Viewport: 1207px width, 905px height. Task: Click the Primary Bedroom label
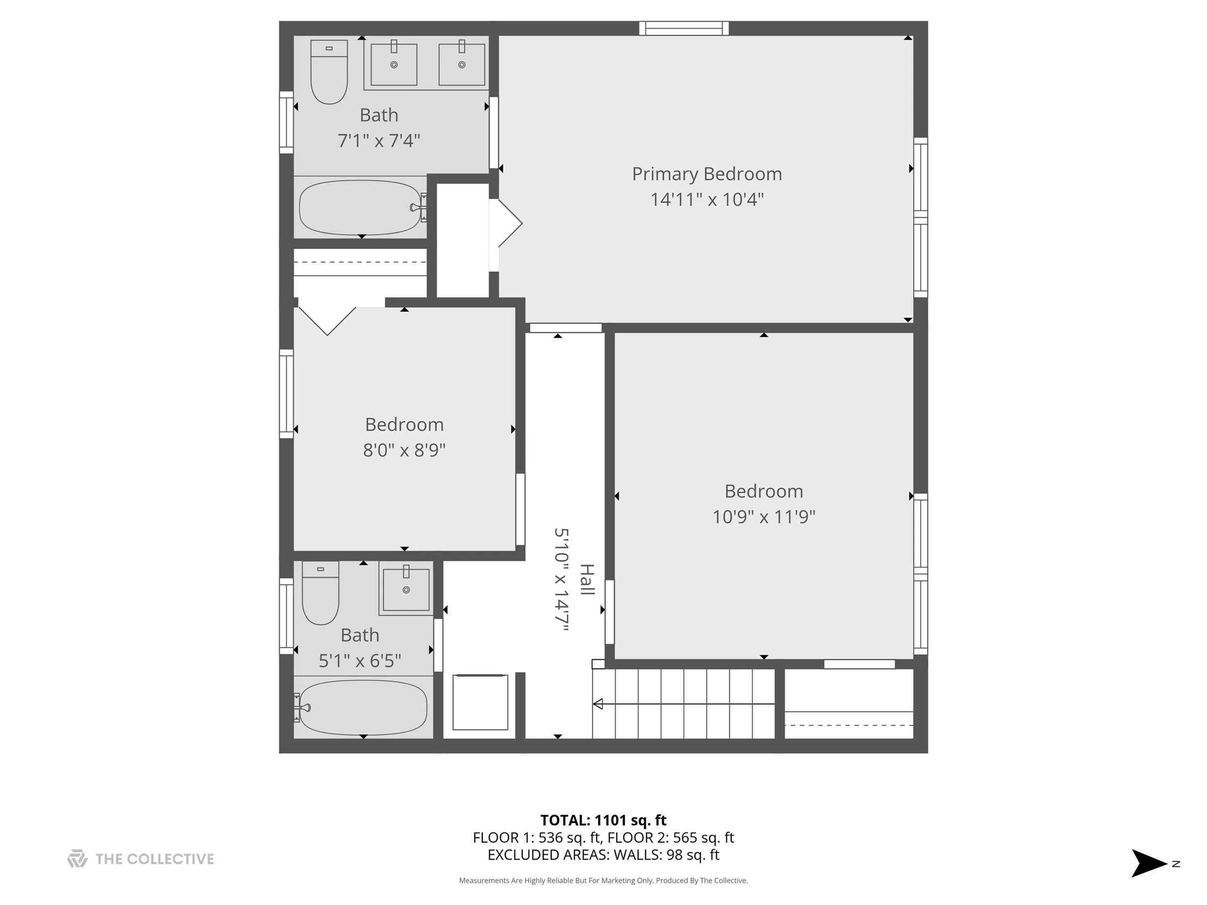(x=707, y=174)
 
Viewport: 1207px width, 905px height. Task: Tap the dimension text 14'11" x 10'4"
(x=707, y=200)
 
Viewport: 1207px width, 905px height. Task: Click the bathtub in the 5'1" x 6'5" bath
(x=363, y=707)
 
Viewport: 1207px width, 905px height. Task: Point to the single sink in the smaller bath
(x=406, y=590)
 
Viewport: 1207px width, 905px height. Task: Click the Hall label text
(x=587, y=579)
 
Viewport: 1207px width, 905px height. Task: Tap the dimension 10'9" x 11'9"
(x=763, y=516)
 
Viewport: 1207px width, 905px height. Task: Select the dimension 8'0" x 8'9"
(x=404, y=450)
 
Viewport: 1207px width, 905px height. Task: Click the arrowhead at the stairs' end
(x=598, y=704)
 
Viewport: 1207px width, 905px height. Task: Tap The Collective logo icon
(x=77, y=859)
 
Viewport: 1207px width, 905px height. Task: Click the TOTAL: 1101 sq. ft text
(x=603, y=820)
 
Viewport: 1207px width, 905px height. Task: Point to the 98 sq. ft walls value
(x=693, y=855)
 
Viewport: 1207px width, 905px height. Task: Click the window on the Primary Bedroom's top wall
(x=683, y=28)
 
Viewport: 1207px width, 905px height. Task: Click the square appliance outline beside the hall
(x=480, y=702)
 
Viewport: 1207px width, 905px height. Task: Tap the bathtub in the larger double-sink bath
(x=361, y=208)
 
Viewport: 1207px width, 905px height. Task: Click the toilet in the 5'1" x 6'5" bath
(x=320, y=594)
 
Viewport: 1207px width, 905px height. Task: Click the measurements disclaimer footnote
(x=603, y=880)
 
